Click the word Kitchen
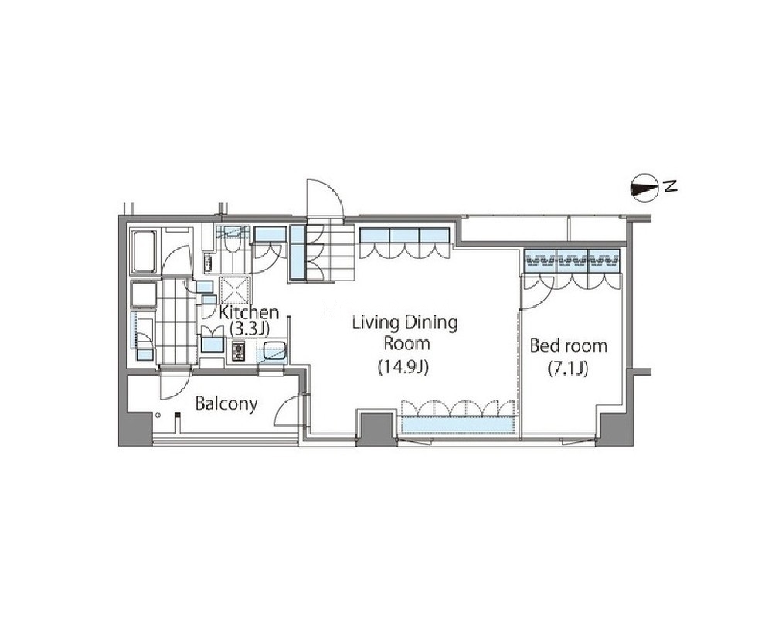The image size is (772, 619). click(x=249, y=312)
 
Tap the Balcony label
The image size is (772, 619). click(x=226, y=404)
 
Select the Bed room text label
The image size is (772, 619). click(x=568, y=346)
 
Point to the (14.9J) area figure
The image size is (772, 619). click(x=403, y=367)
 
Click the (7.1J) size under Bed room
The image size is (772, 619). click(x=568, y=369)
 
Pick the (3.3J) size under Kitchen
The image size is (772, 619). click(x=250, y=328)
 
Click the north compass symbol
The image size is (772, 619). click(x=644, y=188)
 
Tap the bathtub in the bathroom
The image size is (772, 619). click(x=144, y=252)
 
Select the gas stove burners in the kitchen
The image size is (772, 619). click(x=238, y=351)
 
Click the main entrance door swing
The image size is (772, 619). click(x=324, y=197)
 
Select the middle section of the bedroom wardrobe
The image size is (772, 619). click(x=572, y=260)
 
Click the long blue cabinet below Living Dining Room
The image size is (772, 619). click(x=457, y=425)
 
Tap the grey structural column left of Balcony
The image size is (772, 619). click(x=135, y=428)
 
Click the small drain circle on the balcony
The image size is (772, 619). click(x=158, y=415)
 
